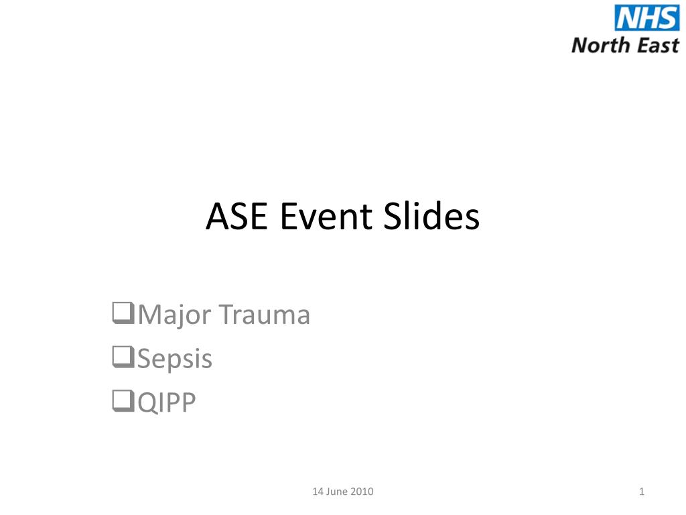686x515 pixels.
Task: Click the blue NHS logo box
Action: [x=647, y=18]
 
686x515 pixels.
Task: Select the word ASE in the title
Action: [x=236, y=217]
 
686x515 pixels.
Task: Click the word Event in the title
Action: [x=326, y=217]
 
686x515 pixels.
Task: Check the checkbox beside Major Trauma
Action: [x=123, y=312]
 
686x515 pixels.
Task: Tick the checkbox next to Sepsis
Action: [x=123, y=357]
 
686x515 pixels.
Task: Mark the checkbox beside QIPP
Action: [x=123, y=401]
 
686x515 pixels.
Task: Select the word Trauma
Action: [x=265, y=314]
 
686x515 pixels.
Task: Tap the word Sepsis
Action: [x=175, y=360]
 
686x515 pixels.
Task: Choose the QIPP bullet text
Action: [x=167, y=402]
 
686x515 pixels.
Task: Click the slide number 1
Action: [x=642, y=492]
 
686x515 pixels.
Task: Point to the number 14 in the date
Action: [x=317, y=492]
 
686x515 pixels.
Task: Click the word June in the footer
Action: [x=336, y=492]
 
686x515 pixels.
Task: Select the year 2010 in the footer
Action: [x=362, y=492]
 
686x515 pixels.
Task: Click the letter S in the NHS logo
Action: [x=667, y=18]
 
